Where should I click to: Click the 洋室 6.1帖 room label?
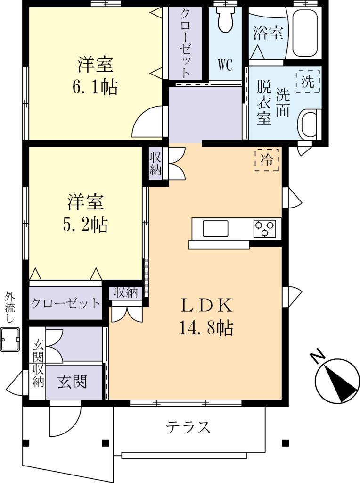click(x=97, y=75)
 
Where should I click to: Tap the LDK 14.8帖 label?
click(x=206, y=316)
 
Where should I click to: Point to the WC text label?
click(x=225, y=65)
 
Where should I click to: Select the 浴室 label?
click(x=268, y=33)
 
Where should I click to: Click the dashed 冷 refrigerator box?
click(x=267, y=159)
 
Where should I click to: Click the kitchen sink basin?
click(x=215, y=229)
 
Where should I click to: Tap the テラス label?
click(x=188, y=428)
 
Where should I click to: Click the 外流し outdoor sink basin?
click(x=10, y=340)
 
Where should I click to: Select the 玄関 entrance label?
click(x=73, y=381)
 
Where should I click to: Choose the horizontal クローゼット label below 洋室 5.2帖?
click(x=65, y=303)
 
